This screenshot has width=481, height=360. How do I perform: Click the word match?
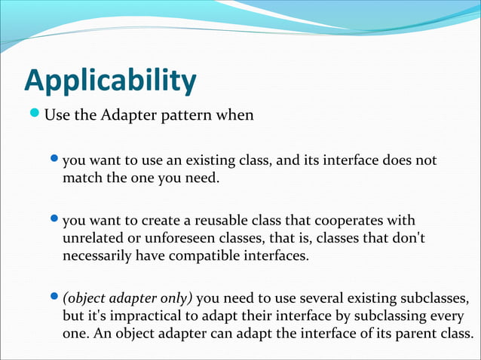pos(81,178)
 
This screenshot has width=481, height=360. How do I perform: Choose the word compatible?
pos(187,255)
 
